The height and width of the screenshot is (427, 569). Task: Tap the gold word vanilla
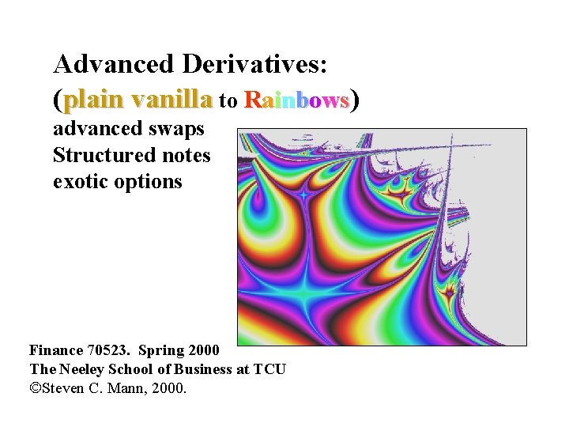[172, 100]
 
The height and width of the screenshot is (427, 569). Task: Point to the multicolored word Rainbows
[296, 100]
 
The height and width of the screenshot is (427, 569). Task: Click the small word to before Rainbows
[228, 101]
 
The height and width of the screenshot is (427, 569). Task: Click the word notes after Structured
[185, 155]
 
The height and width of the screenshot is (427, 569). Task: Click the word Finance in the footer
[57, 350]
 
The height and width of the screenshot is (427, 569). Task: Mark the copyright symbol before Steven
[36, 388]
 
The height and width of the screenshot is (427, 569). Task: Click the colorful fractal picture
[382, 237]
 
